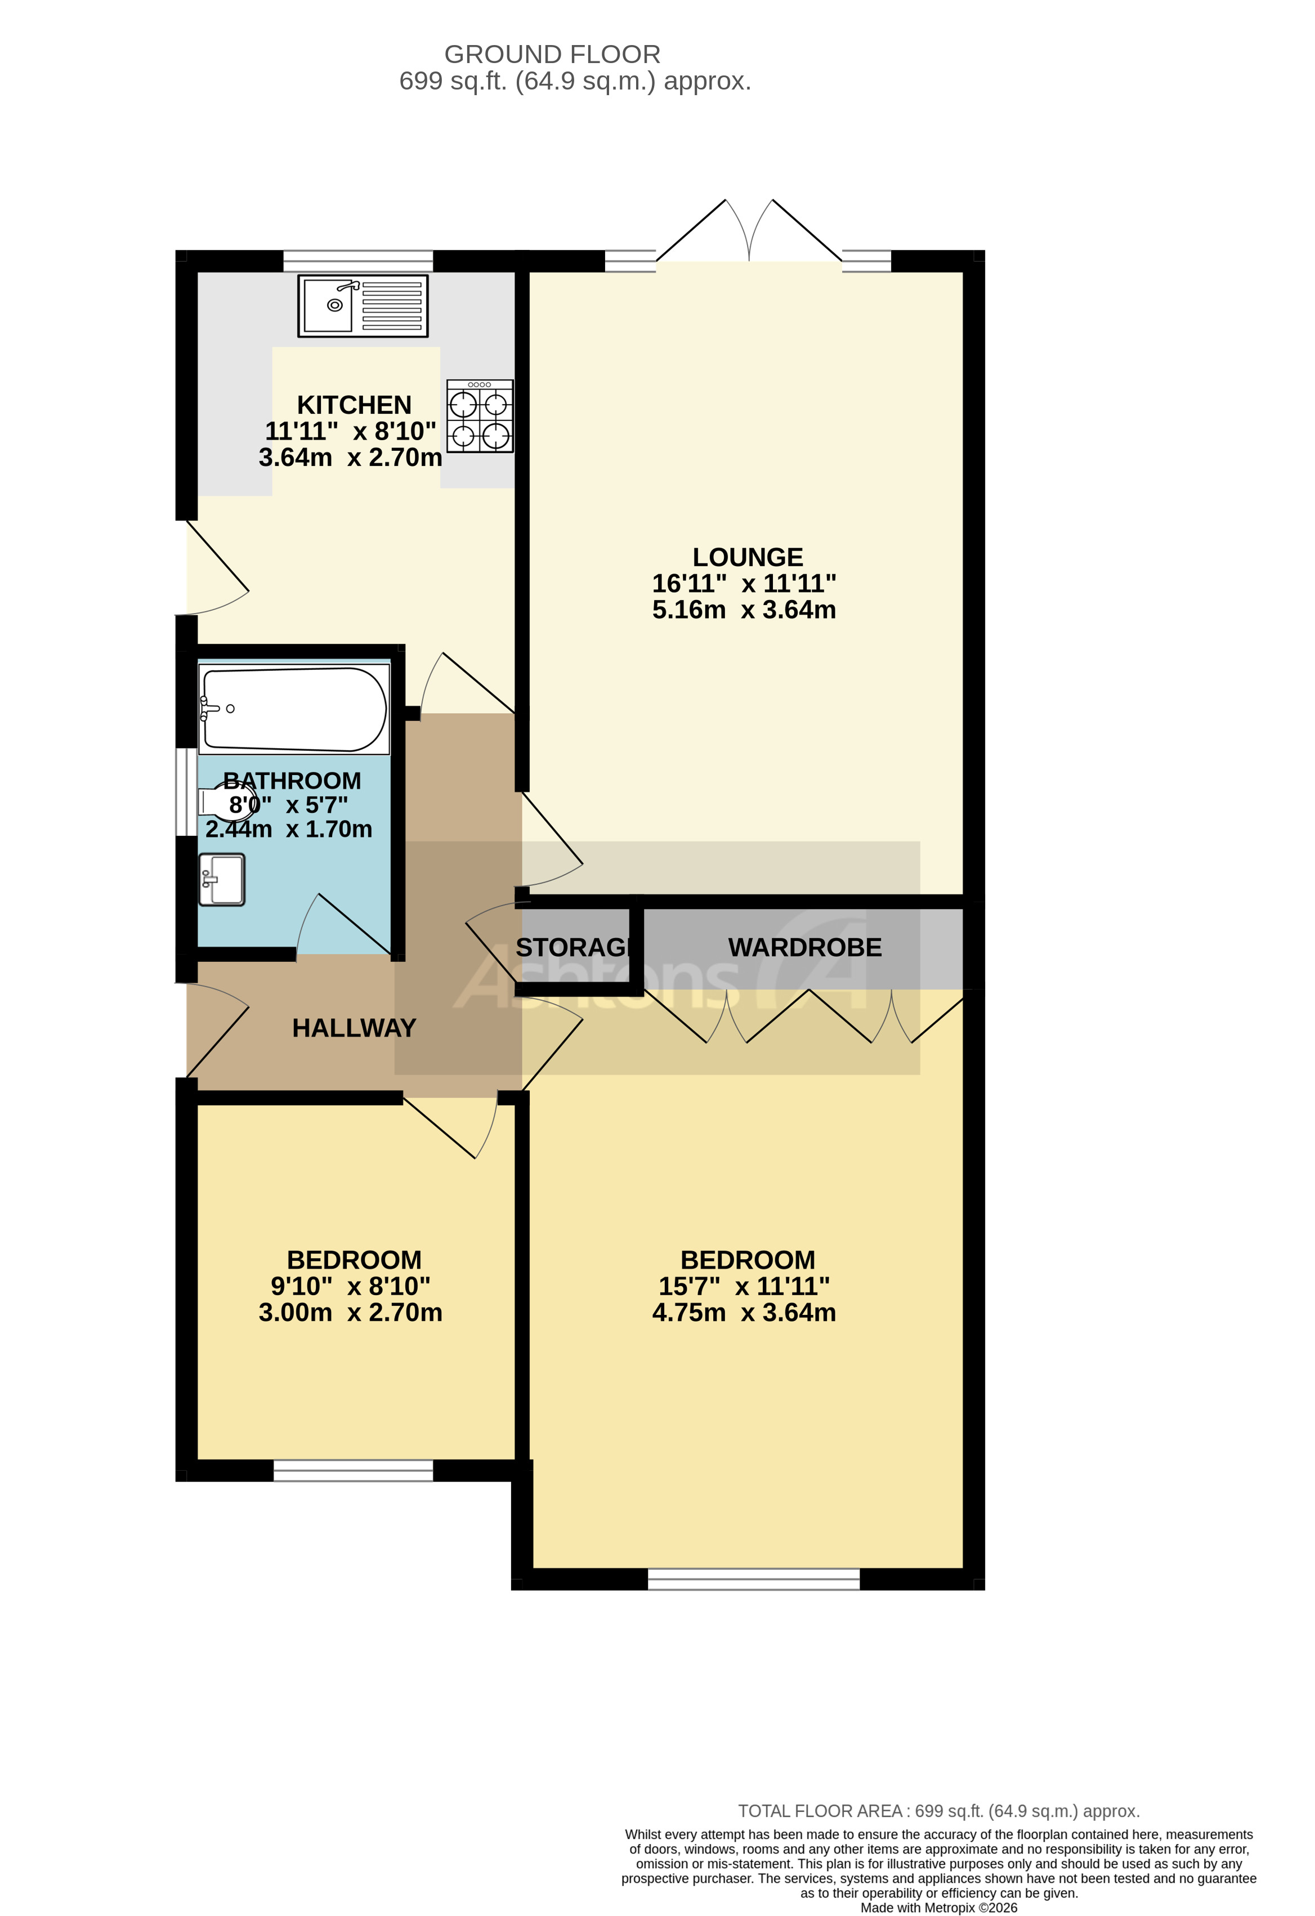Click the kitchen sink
363,306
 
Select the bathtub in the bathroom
293,709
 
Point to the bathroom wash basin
222,879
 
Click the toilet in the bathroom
222,802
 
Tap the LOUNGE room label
747,557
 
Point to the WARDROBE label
804,947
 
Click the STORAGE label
574,947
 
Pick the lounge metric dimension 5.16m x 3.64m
744,610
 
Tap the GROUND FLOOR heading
552,55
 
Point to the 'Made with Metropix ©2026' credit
938,1907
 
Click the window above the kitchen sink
358,261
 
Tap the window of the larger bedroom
754,1579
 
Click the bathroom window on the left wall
186,791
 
